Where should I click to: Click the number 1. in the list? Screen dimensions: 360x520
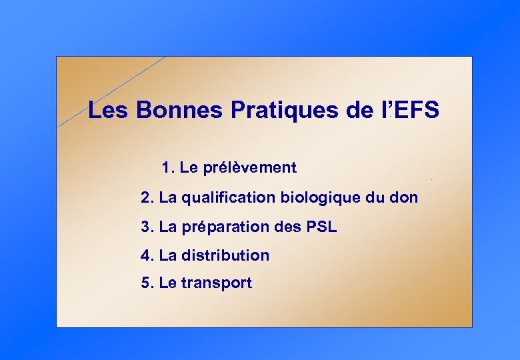coord(168,167)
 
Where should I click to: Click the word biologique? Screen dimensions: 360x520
coord(321,198)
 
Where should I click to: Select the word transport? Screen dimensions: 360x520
coord(217,283)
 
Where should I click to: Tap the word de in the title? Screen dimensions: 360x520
coord(361,110)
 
